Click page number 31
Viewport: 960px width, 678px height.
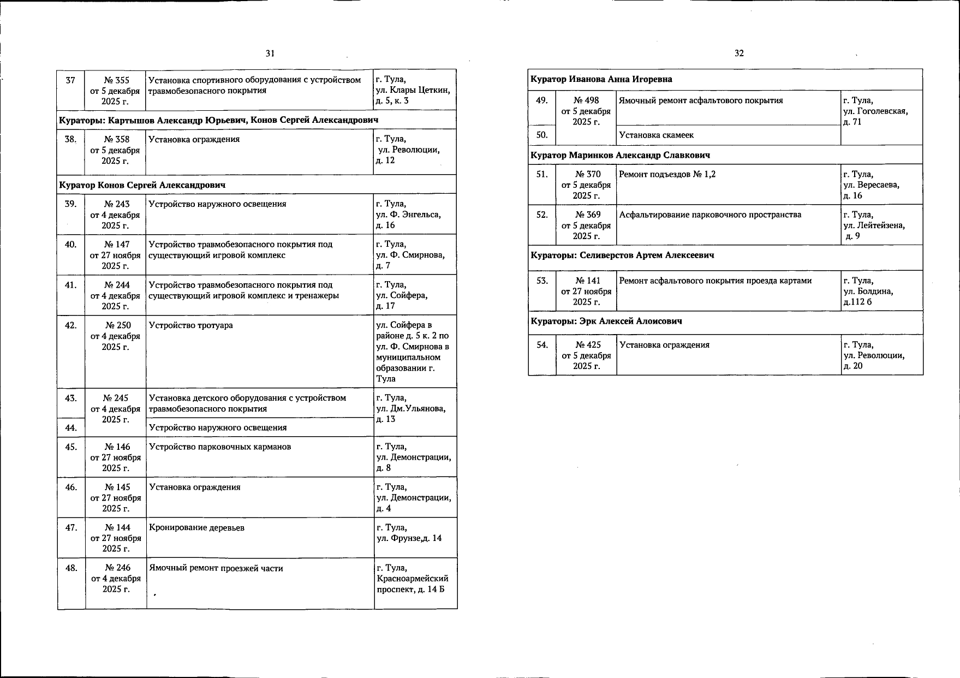[270, 53]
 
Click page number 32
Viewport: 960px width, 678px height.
[739, 53]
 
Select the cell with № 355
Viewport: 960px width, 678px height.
[115, 91]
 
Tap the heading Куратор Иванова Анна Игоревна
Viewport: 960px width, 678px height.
[601, 80]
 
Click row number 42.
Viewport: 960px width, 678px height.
[71, 325]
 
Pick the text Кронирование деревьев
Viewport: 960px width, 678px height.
[196, 528]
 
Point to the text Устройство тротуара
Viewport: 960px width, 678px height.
[191, 325]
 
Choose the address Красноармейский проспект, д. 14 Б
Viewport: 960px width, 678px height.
[413, 579]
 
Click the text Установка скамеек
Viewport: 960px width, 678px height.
[657, 135]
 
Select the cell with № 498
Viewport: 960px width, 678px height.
[586, 111]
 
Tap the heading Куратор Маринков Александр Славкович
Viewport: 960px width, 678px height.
[621, 156]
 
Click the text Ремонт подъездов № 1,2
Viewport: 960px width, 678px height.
[667, 175]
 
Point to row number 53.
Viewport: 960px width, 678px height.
[542, 281]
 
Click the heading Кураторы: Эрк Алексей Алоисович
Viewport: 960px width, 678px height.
[606, 322]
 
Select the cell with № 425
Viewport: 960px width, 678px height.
[587, 355]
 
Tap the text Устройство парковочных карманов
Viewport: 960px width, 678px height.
[220, 447]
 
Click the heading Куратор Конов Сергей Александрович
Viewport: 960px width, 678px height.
[142, 185]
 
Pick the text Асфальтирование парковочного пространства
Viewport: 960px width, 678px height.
[710, 215]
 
